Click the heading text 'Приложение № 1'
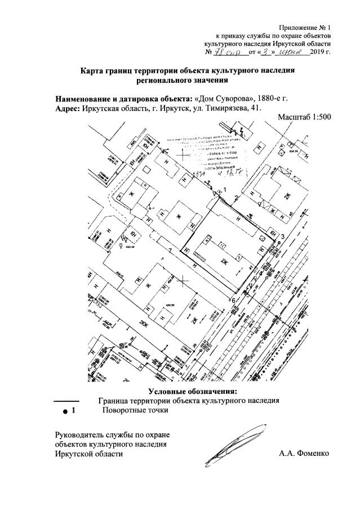(307, 28)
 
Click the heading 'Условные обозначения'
(193, 391)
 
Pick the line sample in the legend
(65, 401)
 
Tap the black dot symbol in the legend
(65, 412)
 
